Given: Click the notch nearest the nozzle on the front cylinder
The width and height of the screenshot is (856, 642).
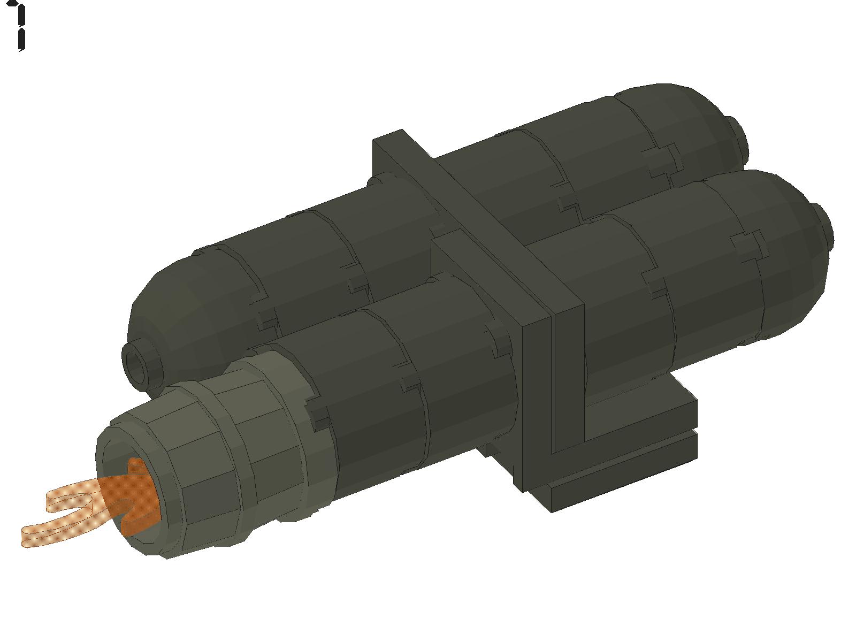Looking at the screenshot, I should [318, 415].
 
